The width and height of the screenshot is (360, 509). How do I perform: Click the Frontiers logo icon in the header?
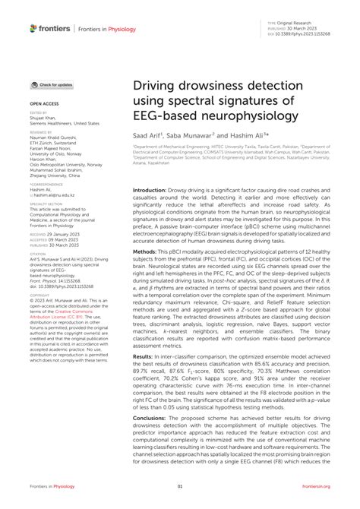coord(34,29)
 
